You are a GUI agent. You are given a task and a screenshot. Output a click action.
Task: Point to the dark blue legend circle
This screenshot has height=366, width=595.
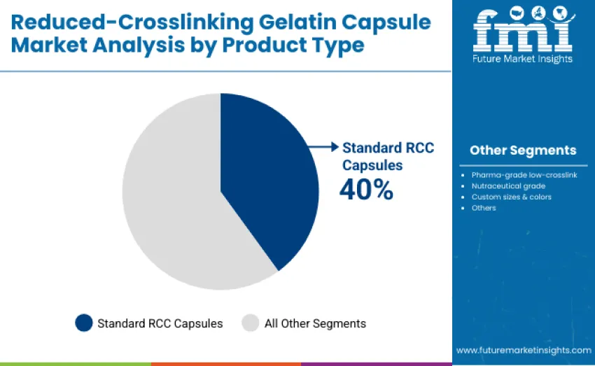point(84,323)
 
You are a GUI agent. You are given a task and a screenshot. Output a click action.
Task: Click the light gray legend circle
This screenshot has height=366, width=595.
point(251,323)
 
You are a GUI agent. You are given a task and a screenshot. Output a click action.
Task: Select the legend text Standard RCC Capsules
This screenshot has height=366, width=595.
point(160,323)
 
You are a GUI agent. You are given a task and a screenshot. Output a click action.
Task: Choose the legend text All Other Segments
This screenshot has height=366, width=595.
point(315,323)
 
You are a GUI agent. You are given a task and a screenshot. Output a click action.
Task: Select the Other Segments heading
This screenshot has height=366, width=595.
point(523,150)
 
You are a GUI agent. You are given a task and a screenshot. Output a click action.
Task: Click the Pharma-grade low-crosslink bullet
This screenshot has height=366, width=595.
point(524,174)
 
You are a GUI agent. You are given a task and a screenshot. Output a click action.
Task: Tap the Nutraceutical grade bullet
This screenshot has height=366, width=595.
point(508,185)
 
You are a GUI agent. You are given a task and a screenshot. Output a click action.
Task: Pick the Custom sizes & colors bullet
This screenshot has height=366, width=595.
point(511,197)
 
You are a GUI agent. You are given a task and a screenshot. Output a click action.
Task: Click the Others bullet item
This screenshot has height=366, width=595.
point(484,208)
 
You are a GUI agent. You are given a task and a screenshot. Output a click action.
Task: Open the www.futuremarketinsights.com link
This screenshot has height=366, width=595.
point(523,350)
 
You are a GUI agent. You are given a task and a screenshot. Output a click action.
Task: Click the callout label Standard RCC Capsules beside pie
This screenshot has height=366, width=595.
point(387,156)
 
